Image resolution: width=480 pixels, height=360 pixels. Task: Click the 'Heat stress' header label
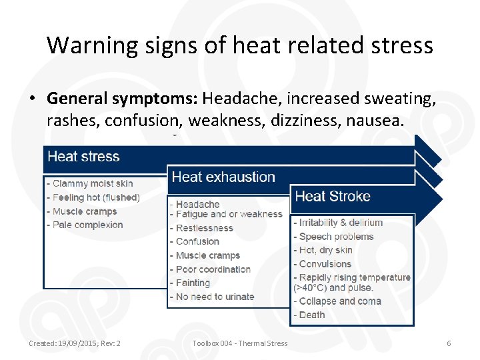pyautogui.click(x=83, y=157)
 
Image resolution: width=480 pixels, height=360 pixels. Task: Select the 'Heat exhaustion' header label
pyautogui.click(x=223, y=177)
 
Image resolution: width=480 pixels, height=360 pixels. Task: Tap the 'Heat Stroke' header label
pyautogui.click(x=332, y=196)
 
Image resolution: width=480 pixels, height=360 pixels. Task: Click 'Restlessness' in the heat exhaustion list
pyautogui.click(x=205, y=228)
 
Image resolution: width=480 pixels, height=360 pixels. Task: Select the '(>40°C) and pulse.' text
pyautogui.click(x=333, y=288)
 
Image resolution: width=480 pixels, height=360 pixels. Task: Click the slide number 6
pyautogui.click(x=449, y=343)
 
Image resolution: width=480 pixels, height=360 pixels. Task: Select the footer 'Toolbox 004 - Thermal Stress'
pyautogui.click(x=240, y=343)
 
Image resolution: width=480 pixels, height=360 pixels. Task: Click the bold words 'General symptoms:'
pyautogui.click(x=123, y=99)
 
